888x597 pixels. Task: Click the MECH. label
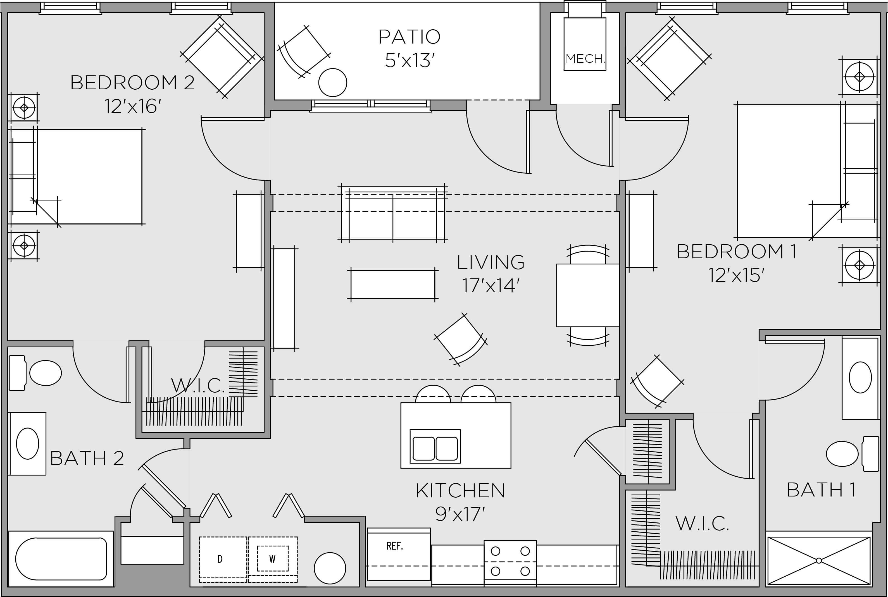tap(585, 59)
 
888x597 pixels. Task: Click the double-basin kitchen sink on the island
tap(435, 448)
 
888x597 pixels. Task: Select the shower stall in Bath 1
tap(819, 560)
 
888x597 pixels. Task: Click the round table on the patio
tap(332, 82)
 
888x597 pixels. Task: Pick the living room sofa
tap(392, 214)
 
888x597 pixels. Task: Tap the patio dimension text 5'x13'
tap(410, 60)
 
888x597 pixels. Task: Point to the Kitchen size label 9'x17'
tap(460, 514)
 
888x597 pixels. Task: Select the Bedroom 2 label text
tap(132, 83)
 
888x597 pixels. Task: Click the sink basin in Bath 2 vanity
tap(27, 444)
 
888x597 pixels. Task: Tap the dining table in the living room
tap(587, 295)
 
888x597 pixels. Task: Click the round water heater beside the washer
tap(330, 568)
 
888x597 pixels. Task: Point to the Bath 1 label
tap(821, 490)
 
